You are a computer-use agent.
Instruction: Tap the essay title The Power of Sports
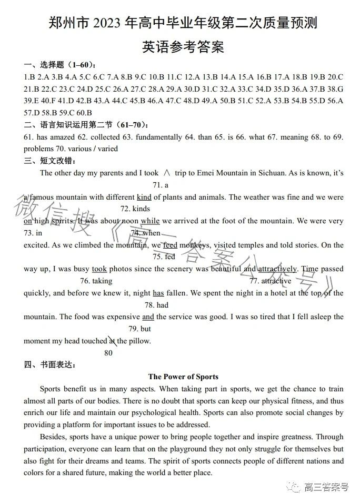(183, 377)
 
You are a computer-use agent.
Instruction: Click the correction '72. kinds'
(135, 209)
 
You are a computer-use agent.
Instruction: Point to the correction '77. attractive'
(270, 281)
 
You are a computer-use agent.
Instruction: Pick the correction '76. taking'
(96, 281)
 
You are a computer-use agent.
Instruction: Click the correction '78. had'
(156, 305)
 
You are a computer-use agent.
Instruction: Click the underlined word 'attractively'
(278, 269)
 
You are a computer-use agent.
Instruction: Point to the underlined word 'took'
(99, 269)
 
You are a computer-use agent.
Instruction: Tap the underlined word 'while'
(151, 221)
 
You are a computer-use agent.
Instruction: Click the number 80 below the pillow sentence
(108, 353)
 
